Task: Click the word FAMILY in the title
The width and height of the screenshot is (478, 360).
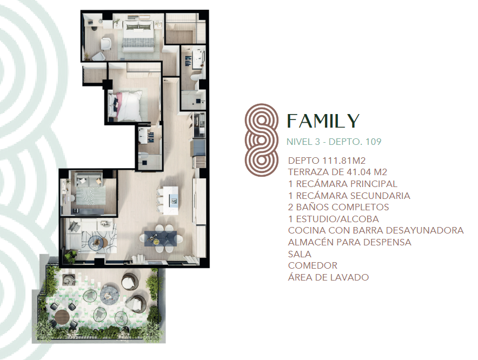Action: tap(323, 121)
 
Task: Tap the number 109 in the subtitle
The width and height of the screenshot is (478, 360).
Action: tap(374, 142)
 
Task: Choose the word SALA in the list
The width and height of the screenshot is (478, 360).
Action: tap(300, 254)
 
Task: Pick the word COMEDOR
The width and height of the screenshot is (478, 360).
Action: tap(313, 265)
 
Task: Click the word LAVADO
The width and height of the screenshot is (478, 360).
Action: tap(351, 277)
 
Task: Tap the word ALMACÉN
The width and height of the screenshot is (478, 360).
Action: tap(308, 242)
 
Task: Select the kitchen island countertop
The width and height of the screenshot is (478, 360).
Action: tap(170, 201)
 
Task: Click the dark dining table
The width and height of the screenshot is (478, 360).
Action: tap(161, 238)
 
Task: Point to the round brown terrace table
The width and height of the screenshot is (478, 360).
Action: tap(62, 317)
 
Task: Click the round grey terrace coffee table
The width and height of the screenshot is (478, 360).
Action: tap(110, 295)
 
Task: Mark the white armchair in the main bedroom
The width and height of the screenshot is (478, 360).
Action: tap(106, 44)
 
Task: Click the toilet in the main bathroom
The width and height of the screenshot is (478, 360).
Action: tap(196, 76)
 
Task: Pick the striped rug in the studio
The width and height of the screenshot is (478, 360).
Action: tap(90, 195)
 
